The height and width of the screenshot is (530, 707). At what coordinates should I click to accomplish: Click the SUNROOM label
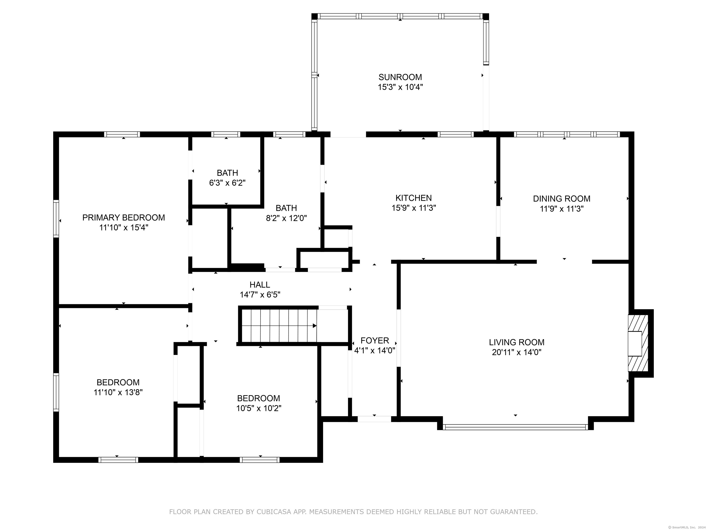point(400,77)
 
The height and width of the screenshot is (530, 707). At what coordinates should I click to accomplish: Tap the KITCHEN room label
point(414,198)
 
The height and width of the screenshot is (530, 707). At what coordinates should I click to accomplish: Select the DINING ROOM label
point(562,199)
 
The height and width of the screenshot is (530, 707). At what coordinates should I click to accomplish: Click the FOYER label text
point(375,340)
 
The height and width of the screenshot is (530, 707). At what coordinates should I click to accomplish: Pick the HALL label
point(260,284)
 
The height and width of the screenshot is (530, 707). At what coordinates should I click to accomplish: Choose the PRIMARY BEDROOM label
point(124,218)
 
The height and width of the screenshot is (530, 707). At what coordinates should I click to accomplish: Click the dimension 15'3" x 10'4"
point(400,87)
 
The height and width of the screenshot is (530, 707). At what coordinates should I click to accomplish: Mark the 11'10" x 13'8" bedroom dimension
point(118,392)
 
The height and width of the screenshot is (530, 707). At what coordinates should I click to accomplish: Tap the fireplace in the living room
point(638,343)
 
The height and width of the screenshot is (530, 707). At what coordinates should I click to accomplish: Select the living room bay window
point(515,427)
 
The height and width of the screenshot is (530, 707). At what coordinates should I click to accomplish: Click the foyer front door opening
point(374,419)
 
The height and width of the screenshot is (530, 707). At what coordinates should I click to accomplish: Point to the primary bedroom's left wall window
point(56,219)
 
